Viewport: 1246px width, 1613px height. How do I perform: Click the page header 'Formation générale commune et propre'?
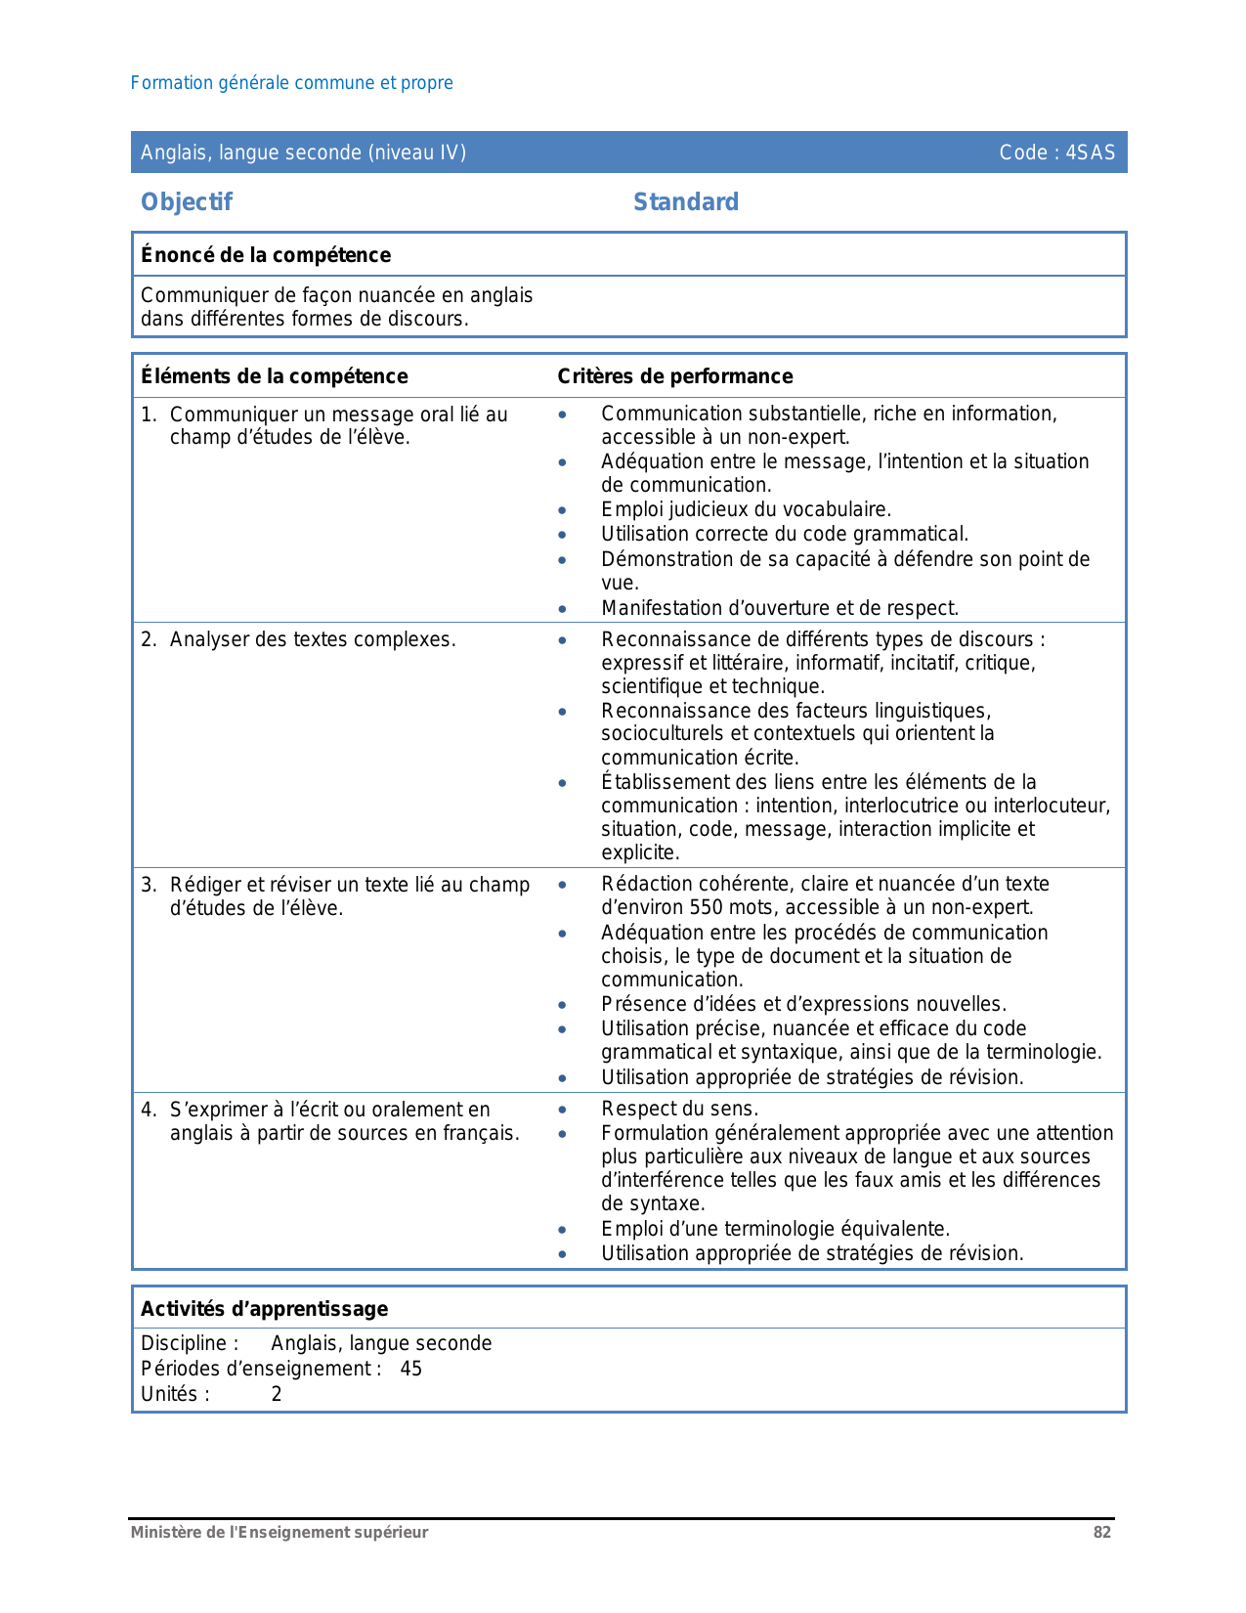pos(291,83)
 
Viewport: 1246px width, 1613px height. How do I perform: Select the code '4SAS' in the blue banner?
pos(1090,153)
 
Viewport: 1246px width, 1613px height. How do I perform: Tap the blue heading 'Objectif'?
pos(187,202)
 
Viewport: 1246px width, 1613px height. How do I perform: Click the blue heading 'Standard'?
pos(686,202)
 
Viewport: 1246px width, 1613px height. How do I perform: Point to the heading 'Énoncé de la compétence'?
pos(266,255)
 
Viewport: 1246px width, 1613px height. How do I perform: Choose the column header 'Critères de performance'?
pos(675,376)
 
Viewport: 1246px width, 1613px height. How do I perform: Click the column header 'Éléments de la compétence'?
pos(275,376)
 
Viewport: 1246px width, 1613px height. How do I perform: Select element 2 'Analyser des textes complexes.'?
pos(313,639)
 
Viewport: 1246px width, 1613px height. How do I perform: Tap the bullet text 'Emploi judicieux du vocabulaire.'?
pos(746,509)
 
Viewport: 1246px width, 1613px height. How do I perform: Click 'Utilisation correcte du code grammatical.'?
pos(785,534)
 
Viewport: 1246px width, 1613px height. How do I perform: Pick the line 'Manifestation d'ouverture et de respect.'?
pos(780,608)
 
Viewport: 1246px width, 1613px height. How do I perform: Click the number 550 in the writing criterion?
pos(706,907)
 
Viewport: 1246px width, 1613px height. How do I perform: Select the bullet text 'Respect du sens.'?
pos(679,1109)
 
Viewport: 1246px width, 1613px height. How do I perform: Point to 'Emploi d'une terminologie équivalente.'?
pos(775,1229)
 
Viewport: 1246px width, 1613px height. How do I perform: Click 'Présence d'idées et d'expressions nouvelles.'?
pos(803,1004)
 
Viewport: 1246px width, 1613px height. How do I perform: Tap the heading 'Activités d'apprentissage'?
pos(265,1309)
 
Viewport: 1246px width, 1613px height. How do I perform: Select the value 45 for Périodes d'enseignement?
pos(411,1369)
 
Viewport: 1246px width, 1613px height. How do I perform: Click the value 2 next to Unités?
pos(277,1394)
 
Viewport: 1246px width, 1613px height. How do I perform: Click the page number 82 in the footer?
pos(1102,1533)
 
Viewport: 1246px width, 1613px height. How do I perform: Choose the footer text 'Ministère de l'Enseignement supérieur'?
pos(279,1533)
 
